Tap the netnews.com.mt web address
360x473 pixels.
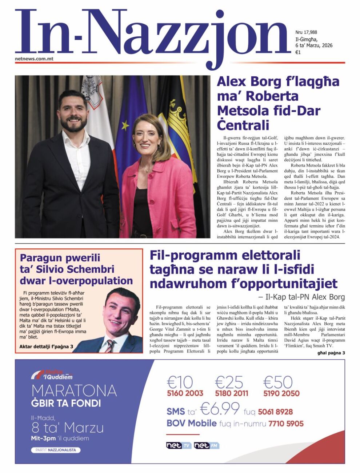click(x=34, y=59)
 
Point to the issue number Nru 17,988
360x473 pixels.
click(x=306, y=32)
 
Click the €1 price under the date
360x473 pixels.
click(x=298, y=52)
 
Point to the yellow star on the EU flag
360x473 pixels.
click(x=125, y=126)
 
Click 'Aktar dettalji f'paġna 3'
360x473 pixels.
click(x=46, y=346)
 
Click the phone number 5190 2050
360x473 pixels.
click(x=281, y=393)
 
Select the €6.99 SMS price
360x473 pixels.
click(x=220, y=409)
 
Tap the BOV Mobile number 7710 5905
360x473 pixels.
click(x=286, y=424)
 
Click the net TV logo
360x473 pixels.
click(x=178, y=445)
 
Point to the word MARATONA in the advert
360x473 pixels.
click(x=74, y=391)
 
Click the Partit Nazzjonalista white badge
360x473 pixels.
click(x=56, y=450)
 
